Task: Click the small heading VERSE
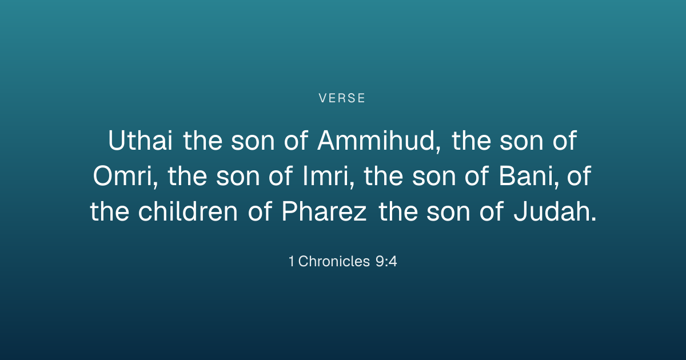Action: tap(342, 98)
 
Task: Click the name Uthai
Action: tap(140, 140)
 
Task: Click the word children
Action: tap(188, 211)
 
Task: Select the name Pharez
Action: tap(324, 211)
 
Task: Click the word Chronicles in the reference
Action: tap(334, 262)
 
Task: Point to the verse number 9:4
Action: tap(386, 262)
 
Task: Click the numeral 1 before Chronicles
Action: tap(291, 262)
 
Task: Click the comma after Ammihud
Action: tap(438, 149)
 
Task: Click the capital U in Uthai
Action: tap(117, 140)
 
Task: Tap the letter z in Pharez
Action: tap(360, 214)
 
